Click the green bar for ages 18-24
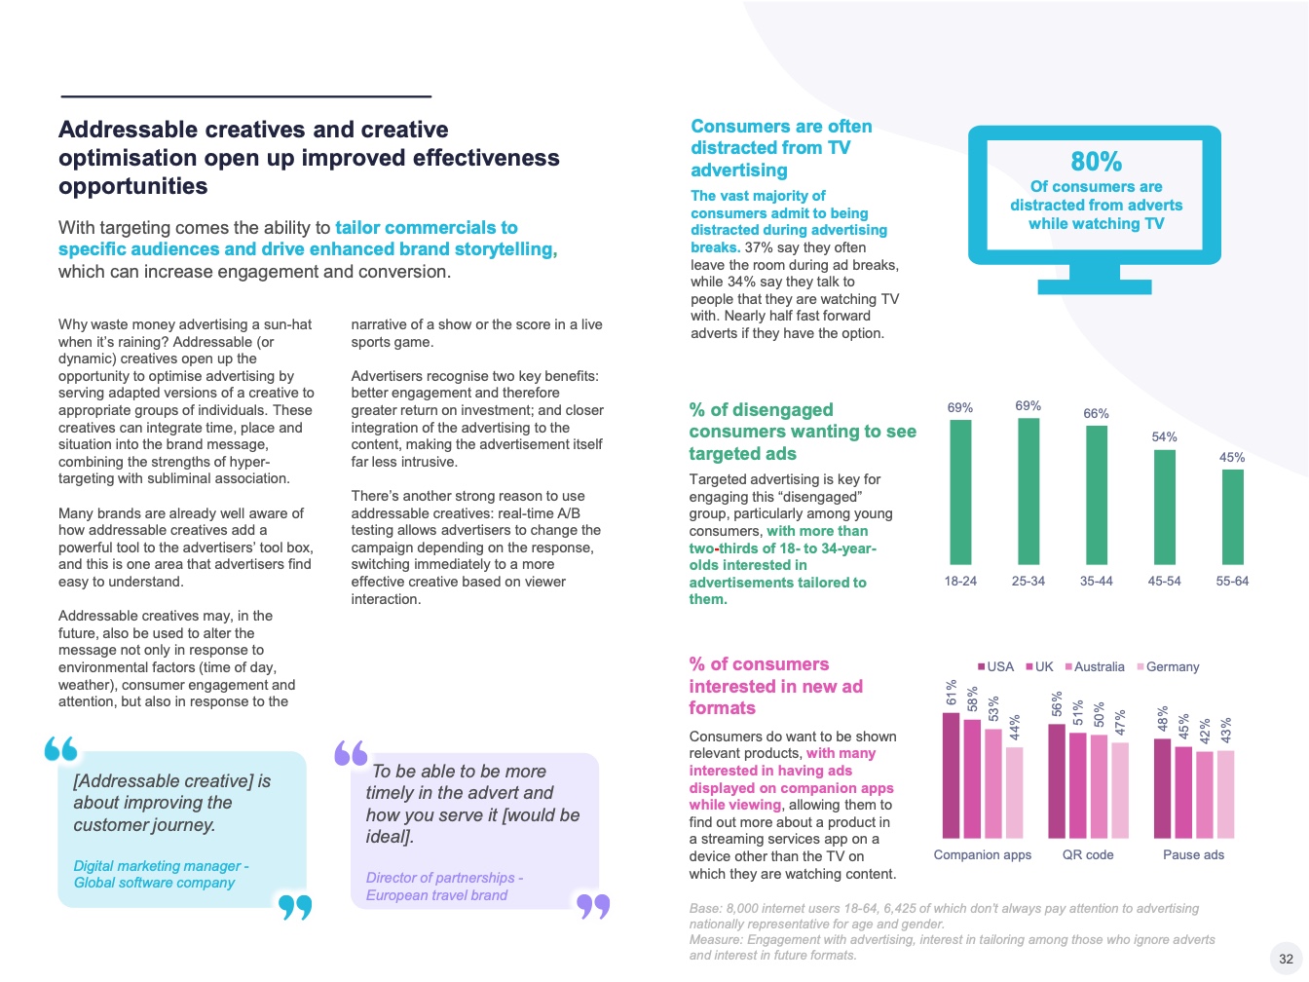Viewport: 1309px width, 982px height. (x=960, y=492)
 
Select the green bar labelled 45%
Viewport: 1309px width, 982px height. (x=1232, y=517)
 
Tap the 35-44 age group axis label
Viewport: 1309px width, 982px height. (x=1096, y=581)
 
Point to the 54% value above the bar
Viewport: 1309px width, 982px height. (x=1164, y=437)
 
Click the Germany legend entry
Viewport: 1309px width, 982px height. (x=1172, y=667)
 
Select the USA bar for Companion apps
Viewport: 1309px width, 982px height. (x=951, y=775)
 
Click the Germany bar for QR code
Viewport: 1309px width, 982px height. (x=1120, y=790)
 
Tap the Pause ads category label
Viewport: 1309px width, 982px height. (x=1193, y=855)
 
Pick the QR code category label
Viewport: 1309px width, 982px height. (x=1087, y=855)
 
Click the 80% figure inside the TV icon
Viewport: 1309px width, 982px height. (x=1096, y=162)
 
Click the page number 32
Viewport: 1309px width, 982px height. (x=1286, y=959)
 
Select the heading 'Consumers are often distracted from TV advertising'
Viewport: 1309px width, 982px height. (x=781, y=148)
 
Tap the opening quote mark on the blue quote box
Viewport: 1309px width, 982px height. (x=60, y=749)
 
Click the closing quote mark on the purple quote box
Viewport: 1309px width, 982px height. (x=593, y=906)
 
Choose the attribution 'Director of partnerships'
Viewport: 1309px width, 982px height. (x=443, y=878)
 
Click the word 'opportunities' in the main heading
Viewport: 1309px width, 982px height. (x=132, y=186)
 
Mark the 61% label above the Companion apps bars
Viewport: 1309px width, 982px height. (x=952, y=693)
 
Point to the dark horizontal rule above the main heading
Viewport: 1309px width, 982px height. (x=245, y=96)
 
